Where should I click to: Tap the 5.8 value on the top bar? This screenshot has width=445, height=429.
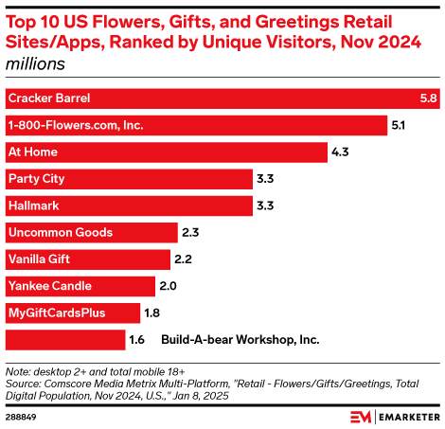(427, 98)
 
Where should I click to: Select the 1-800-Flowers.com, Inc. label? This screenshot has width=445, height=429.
(70, 125)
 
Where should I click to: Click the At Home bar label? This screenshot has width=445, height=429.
(31, 152)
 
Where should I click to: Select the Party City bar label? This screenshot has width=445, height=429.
(35, 178)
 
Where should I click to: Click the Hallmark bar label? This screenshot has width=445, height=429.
(33, 205)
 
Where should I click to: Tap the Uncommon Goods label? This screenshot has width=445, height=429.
(60, 232)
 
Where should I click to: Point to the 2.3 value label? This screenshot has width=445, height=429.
(189, 232)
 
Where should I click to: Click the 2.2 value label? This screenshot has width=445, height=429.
(184, 259)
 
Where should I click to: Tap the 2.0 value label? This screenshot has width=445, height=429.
(168, 285)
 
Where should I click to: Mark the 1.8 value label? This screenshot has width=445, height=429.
(151, 312)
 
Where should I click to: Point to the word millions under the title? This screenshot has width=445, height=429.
(35, 64)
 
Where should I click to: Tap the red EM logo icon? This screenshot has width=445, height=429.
(360, 416)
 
